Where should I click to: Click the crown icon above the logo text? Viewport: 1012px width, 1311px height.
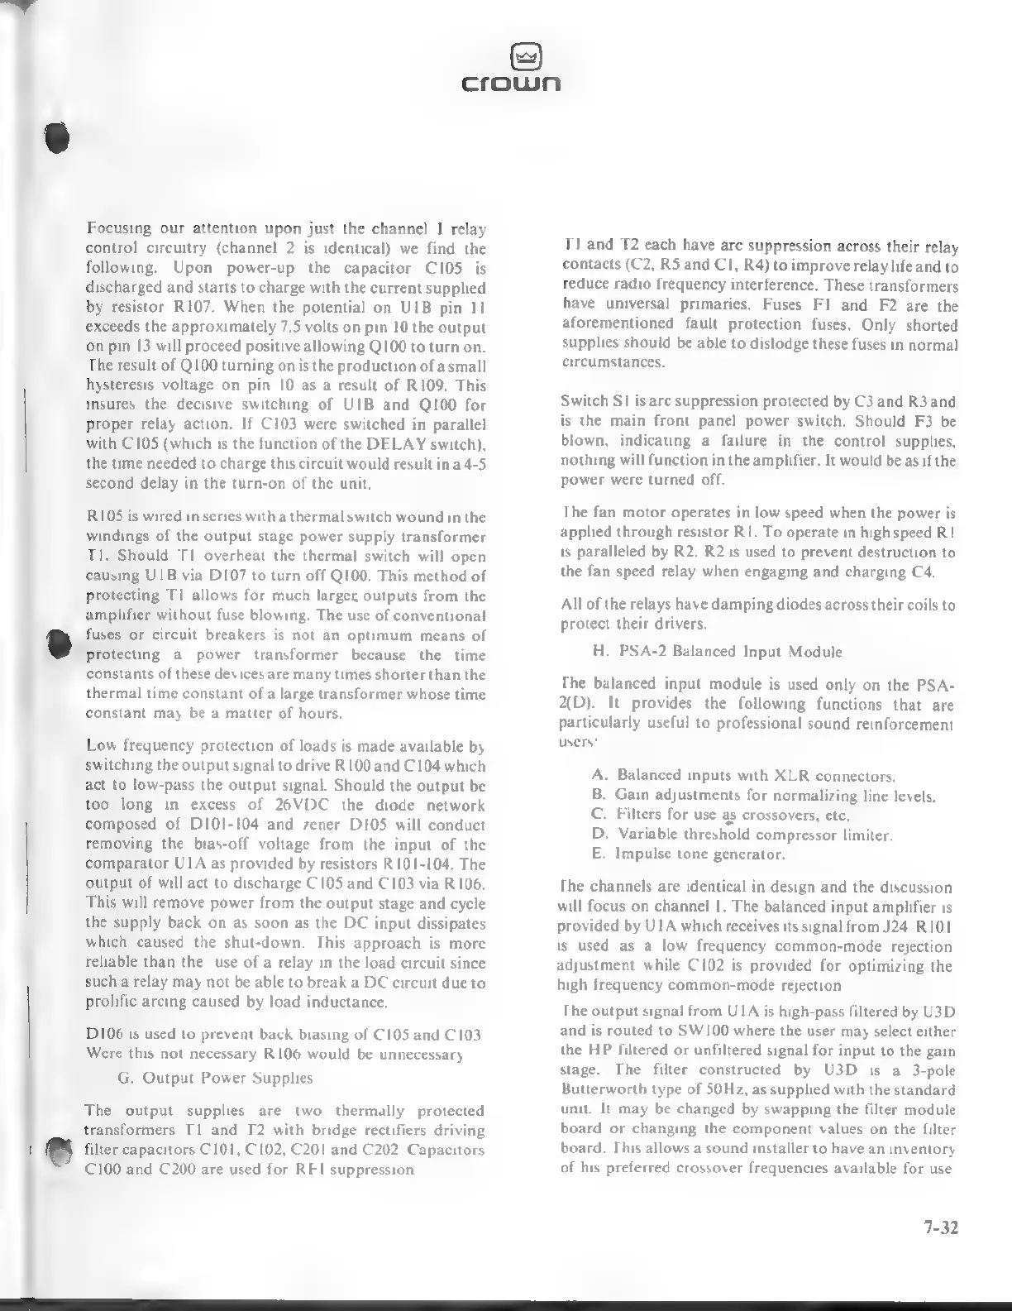[512, 57]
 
